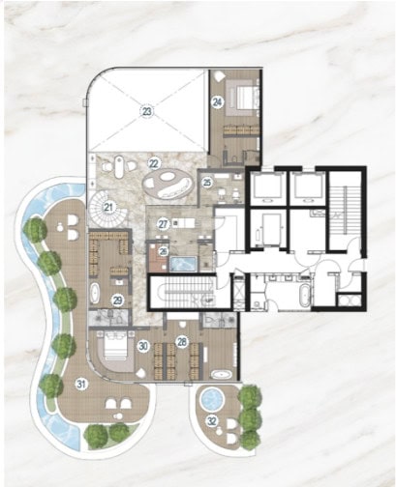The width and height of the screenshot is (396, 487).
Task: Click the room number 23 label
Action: coord(147,111)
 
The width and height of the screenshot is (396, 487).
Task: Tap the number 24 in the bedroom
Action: coord(218,102)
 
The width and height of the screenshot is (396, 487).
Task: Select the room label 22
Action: coord(154,163)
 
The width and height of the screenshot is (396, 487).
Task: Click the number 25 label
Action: coord(207,183)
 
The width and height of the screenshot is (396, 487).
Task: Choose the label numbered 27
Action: coord(164,224)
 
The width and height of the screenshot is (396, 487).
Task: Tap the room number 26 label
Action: coord(164,251)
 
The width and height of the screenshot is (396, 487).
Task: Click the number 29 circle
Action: coord(117,301)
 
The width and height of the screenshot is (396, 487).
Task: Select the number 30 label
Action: coord(143,346)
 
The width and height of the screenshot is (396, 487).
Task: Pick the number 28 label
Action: coord(182,342)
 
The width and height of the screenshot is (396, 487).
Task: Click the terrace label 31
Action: coord(81,384)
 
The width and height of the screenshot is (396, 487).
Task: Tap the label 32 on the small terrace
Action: coord(212,421)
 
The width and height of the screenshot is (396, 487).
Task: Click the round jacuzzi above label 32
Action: coord(212,399)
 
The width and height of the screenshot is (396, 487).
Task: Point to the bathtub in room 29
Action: coord(95,293)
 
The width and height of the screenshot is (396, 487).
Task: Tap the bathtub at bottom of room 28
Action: coord(221,375)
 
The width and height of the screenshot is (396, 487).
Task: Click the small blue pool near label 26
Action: coord(183,264)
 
